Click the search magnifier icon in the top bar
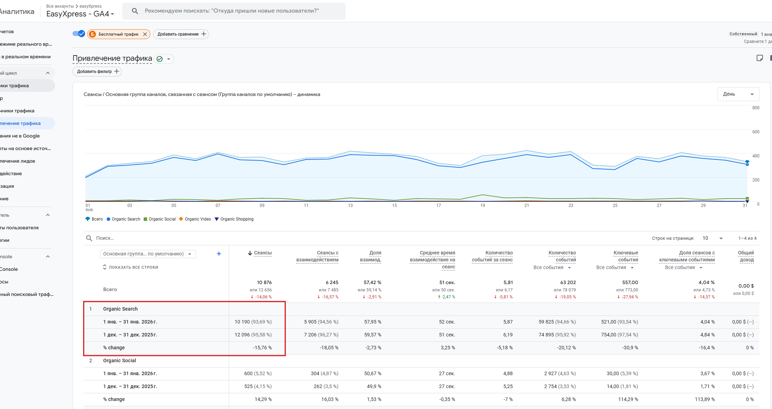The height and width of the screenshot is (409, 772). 135,11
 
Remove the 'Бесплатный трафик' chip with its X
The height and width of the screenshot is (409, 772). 145,34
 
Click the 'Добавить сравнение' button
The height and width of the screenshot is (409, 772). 181,34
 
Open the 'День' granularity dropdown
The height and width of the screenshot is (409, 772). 738,94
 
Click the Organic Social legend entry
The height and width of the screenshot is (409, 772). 160,219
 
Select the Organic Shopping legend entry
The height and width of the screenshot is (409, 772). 234,219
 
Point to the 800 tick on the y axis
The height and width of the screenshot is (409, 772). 756,108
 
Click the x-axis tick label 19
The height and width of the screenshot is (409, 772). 483,206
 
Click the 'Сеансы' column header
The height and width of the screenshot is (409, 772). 263,253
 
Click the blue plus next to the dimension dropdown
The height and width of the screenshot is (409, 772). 219,254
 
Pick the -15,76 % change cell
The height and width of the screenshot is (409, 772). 262,348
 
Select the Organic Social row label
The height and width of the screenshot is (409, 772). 120,360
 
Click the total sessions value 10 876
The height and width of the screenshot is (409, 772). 264,282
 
